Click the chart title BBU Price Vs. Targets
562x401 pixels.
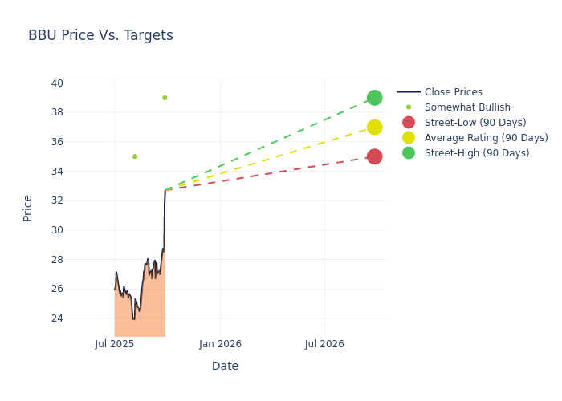[100, 35]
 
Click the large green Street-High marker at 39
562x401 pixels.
[374, 98]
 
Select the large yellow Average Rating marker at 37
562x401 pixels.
[374, 127]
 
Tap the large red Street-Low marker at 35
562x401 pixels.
[374, 156]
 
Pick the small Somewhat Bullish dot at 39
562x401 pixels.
[165, 98]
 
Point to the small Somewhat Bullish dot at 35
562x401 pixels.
[135, 156]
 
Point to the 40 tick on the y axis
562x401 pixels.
[57, 83]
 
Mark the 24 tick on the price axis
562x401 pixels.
[57, 318]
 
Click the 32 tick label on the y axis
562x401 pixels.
[57, 200]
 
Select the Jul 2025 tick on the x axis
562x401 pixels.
[115, 344]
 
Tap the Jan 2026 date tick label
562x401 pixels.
[220, 344]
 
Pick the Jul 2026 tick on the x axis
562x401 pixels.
[324, 344]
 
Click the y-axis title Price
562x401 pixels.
[28, 208]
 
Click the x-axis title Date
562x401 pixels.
[225, 366]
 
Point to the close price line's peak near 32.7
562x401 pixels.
[165, 191]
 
